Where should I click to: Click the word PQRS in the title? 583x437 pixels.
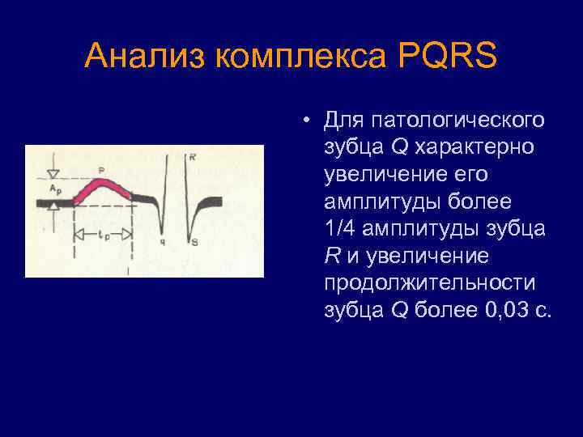[447, 57]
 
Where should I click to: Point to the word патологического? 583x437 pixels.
[434, 121]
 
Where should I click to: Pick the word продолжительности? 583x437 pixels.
[429, 284]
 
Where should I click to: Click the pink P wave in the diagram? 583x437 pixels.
[102, 188]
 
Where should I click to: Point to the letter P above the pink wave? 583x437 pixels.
[101, 170]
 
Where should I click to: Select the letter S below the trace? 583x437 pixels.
[193, 241]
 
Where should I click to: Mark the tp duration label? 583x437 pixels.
[102, 237]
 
